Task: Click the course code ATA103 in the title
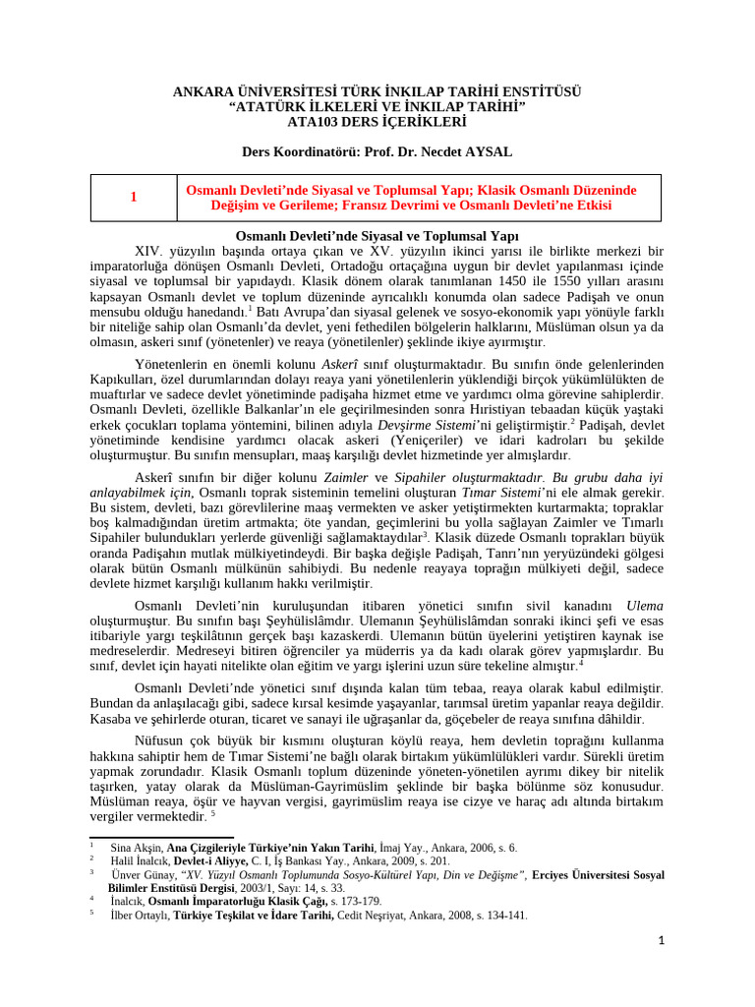310,122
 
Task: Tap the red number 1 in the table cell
133,198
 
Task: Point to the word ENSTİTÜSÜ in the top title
537,91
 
